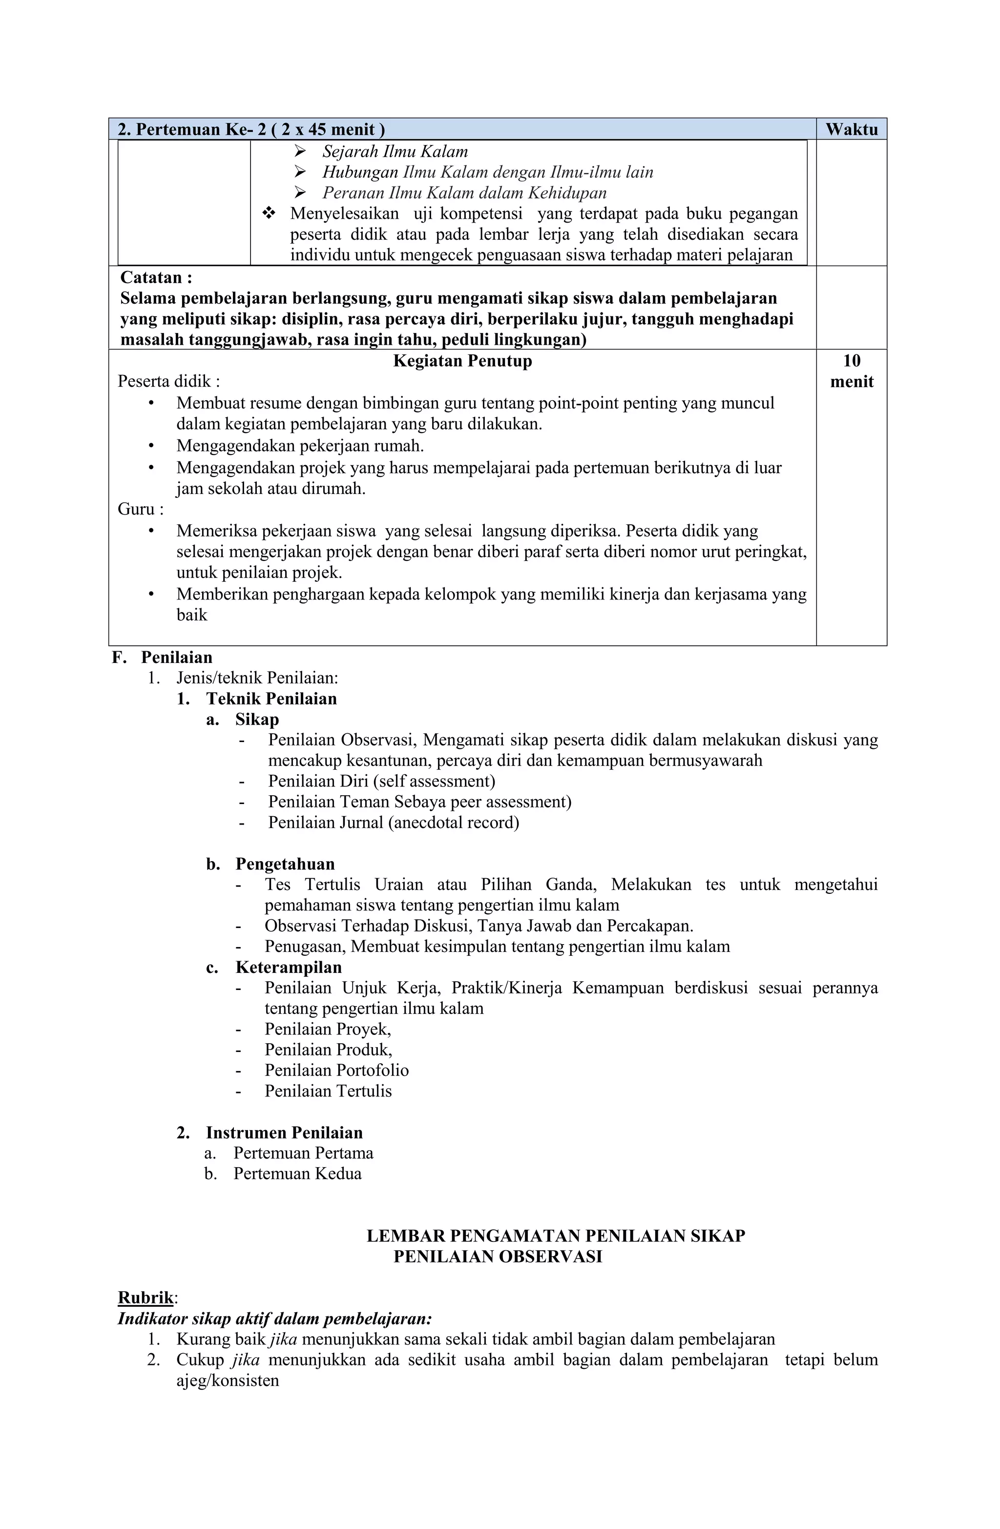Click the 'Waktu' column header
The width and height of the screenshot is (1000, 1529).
pos(851,129)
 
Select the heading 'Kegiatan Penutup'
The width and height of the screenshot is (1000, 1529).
pos(462,361)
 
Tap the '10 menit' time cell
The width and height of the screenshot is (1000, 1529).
pos(851,372)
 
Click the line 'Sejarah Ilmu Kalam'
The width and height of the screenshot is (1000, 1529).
pos(395,152)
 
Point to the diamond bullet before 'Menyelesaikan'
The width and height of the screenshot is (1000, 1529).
pos(269,213)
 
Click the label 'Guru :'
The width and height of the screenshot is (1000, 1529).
pos(140,510)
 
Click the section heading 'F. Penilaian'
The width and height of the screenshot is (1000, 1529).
pos(162,657)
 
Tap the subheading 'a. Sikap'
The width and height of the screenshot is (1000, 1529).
pos(243,719)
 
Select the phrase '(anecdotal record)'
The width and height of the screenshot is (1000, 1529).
pos(453,822)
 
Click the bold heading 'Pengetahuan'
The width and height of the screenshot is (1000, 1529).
pos(285,864)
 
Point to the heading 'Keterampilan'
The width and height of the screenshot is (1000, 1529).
pos(288,967)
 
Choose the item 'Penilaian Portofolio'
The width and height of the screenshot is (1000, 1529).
pos(336,1070)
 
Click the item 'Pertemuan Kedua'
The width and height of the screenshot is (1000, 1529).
pos(297,1173)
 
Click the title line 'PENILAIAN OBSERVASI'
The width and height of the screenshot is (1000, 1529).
pos(498,1256)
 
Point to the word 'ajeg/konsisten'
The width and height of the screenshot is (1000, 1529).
pos(228,1380)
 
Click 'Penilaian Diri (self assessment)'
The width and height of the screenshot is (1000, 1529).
pos(381,781)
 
